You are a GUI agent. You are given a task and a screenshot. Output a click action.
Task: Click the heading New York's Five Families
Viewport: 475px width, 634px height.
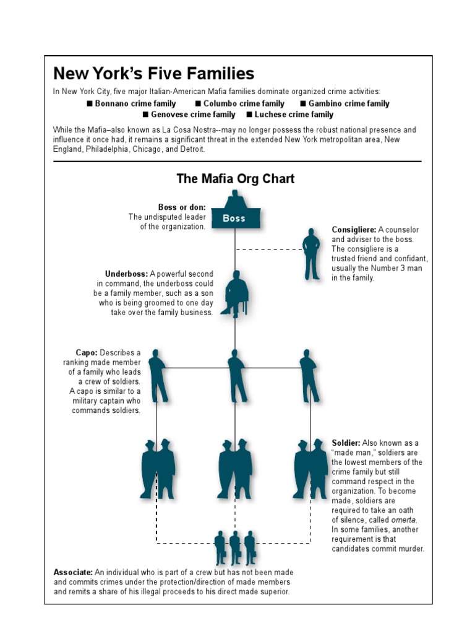(154, 74)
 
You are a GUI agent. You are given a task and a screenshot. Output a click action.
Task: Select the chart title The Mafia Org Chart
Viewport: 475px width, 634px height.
(236, 179)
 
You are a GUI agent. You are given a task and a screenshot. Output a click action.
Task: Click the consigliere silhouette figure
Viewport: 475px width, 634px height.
(311, 254)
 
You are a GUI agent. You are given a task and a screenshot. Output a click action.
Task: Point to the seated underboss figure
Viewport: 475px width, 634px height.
(236, 293)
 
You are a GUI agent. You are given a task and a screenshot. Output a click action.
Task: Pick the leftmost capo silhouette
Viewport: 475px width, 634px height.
(158, 376)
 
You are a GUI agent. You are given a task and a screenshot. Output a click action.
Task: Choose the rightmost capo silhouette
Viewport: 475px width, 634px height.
(308, 376)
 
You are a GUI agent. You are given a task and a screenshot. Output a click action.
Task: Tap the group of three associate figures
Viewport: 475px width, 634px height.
(235, 547)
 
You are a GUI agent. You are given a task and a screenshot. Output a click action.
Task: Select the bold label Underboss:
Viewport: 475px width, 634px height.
(126, 274)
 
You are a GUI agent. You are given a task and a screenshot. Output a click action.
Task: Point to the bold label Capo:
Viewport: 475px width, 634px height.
(87, 353)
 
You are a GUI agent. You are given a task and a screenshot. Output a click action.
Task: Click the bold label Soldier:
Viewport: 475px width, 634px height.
(346, 443)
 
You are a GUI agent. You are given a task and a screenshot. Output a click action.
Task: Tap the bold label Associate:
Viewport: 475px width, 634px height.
(74, 573)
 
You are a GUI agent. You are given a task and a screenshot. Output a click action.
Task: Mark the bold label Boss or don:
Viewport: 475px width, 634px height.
(182, 207)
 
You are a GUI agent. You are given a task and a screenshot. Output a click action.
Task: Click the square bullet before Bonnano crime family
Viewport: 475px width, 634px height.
(90, 104)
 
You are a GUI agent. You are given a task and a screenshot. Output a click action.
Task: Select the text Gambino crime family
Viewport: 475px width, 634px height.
(349, 104)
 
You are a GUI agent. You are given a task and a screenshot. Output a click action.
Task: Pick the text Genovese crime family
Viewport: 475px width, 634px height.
(194, 115)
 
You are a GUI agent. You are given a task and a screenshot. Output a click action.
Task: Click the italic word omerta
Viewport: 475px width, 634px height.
(404, 519)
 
